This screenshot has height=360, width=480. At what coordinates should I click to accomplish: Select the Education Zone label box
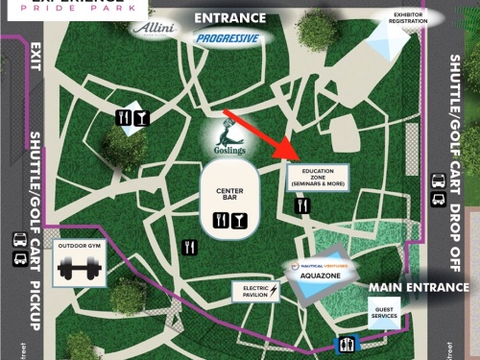[316, 177]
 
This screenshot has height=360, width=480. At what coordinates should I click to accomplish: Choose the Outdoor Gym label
[80, 245]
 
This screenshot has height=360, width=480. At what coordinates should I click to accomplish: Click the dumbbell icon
[80, 268]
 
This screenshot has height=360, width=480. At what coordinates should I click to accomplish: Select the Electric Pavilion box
[255, 291]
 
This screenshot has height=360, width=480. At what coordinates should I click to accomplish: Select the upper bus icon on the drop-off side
[438, 180]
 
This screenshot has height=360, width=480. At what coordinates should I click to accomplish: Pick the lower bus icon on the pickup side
[19, 259]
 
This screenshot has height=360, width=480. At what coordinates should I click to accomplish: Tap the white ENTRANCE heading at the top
[229, 17]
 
